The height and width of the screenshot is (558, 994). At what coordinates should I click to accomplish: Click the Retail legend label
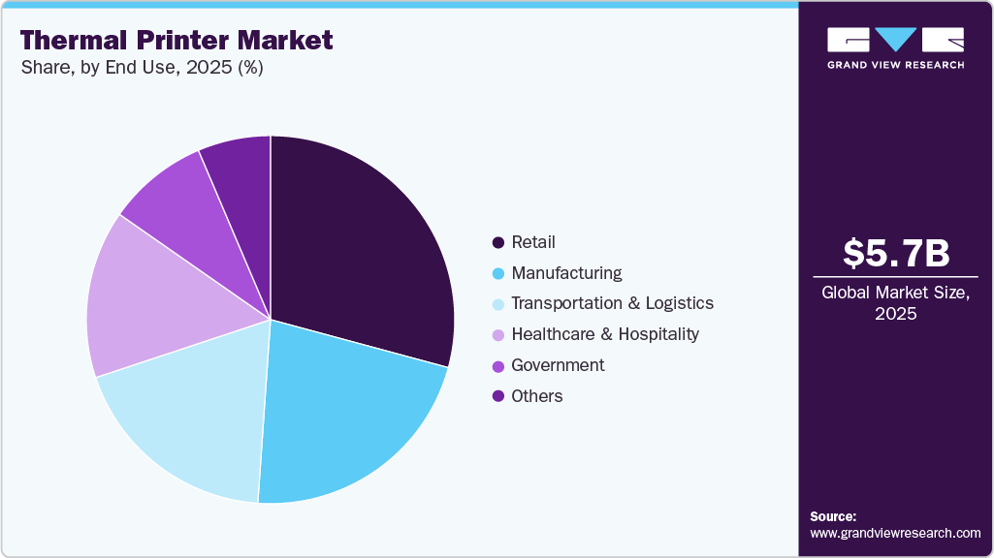(x=533, y=242)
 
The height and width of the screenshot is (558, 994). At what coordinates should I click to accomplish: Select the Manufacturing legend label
(x=566, y=273)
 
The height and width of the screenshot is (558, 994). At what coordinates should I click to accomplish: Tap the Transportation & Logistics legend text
(x=612, y=303)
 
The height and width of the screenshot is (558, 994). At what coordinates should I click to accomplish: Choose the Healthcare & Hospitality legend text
(x=605, y=334)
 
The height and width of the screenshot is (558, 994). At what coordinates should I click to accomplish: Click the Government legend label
(x=558, y=365)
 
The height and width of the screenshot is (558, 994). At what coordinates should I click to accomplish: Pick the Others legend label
(x=536, y=396)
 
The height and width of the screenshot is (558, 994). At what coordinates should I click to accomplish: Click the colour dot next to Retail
(x=498, y=243)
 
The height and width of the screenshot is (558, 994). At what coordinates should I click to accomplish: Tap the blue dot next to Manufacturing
(x=498, y=273)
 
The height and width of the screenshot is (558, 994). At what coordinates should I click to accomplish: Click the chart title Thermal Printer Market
(x=176, y=40)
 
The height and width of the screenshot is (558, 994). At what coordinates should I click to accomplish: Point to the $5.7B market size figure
(x=895, y=253)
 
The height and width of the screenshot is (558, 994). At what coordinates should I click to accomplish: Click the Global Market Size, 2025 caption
(x=895, y=303)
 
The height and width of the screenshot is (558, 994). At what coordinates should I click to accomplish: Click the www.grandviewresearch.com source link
(x=895, y=533)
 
